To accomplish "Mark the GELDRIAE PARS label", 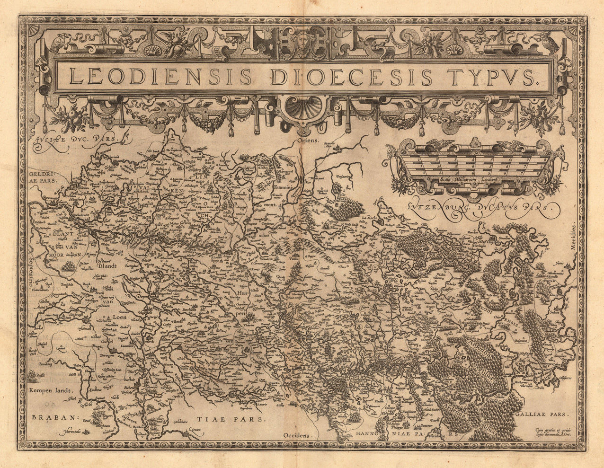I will tap(42, 177).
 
